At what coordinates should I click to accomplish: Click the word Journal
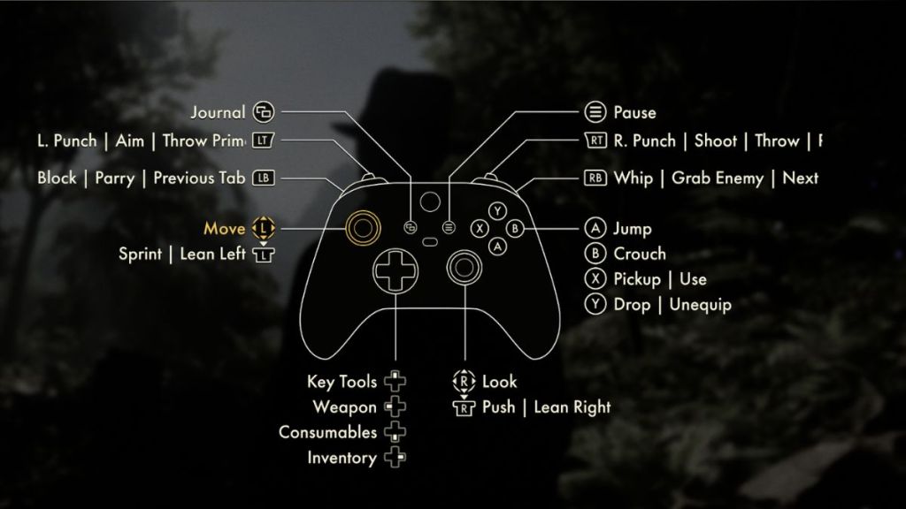click(x=218, y=112)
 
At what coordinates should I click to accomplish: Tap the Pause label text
click(x=634, y=112)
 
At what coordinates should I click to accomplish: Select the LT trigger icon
click(x=263, y=141)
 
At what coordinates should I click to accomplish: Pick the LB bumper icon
click(x=263, y=178)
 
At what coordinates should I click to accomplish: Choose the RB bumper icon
click(x=595, y=178)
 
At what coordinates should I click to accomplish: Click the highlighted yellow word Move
click(x=225, y=229)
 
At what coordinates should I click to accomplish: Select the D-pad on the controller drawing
click(x=392, y=270)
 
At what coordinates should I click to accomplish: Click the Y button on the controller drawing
click(x=499, y=210)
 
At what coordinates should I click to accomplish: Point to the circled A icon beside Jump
click(x=595, y=228)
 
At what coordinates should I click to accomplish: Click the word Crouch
click(x=640, y=254)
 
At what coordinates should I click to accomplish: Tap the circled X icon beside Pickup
click(x=595, y=279)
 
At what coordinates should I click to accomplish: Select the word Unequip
click(x=701, y=305)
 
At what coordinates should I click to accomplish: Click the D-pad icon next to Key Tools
click(x=395, y=382)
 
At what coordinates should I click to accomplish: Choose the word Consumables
click(x=327, y=433)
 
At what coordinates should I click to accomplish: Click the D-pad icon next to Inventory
click(x=395, y=458)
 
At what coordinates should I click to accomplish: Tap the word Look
click(x=500, y=382)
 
